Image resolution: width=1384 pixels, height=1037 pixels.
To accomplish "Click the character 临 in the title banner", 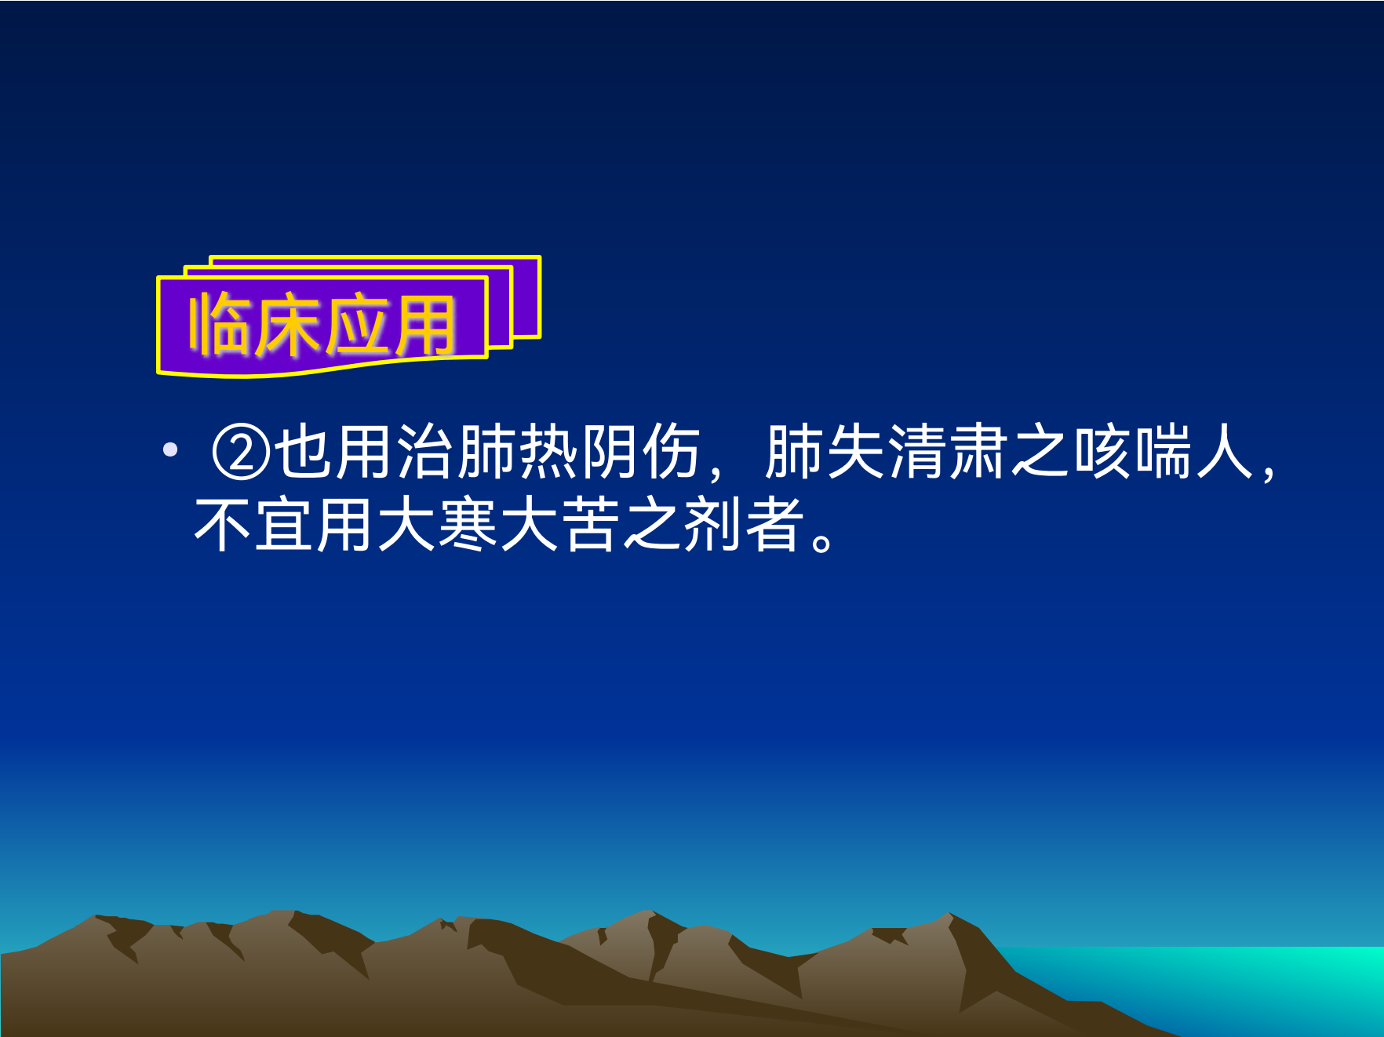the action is pos(220,325).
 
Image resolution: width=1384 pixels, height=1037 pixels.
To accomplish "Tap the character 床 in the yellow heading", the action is pos(287,325).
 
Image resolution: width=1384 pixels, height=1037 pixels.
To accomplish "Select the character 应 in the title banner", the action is pos(355,325).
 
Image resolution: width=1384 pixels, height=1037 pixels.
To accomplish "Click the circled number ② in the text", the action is pos(241,453).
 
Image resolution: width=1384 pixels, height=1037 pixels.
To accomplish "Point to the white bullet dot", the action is pos(170,450).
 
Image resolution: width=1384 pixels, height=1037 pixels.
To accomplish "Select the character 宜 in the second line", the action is pos(285,524).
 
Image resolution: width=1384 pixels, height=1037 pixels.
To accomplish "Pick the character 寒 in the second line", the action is pos(469,524).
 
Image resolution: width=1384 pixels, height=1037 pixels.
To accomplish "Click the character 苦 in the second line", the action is pos(592,524).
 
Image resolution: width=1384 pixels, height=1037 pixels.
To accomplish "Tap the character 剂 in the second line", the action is pos(714,524).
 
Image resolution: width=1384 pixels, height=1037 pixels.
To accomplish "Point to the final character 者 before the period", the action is pos(775,524).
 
